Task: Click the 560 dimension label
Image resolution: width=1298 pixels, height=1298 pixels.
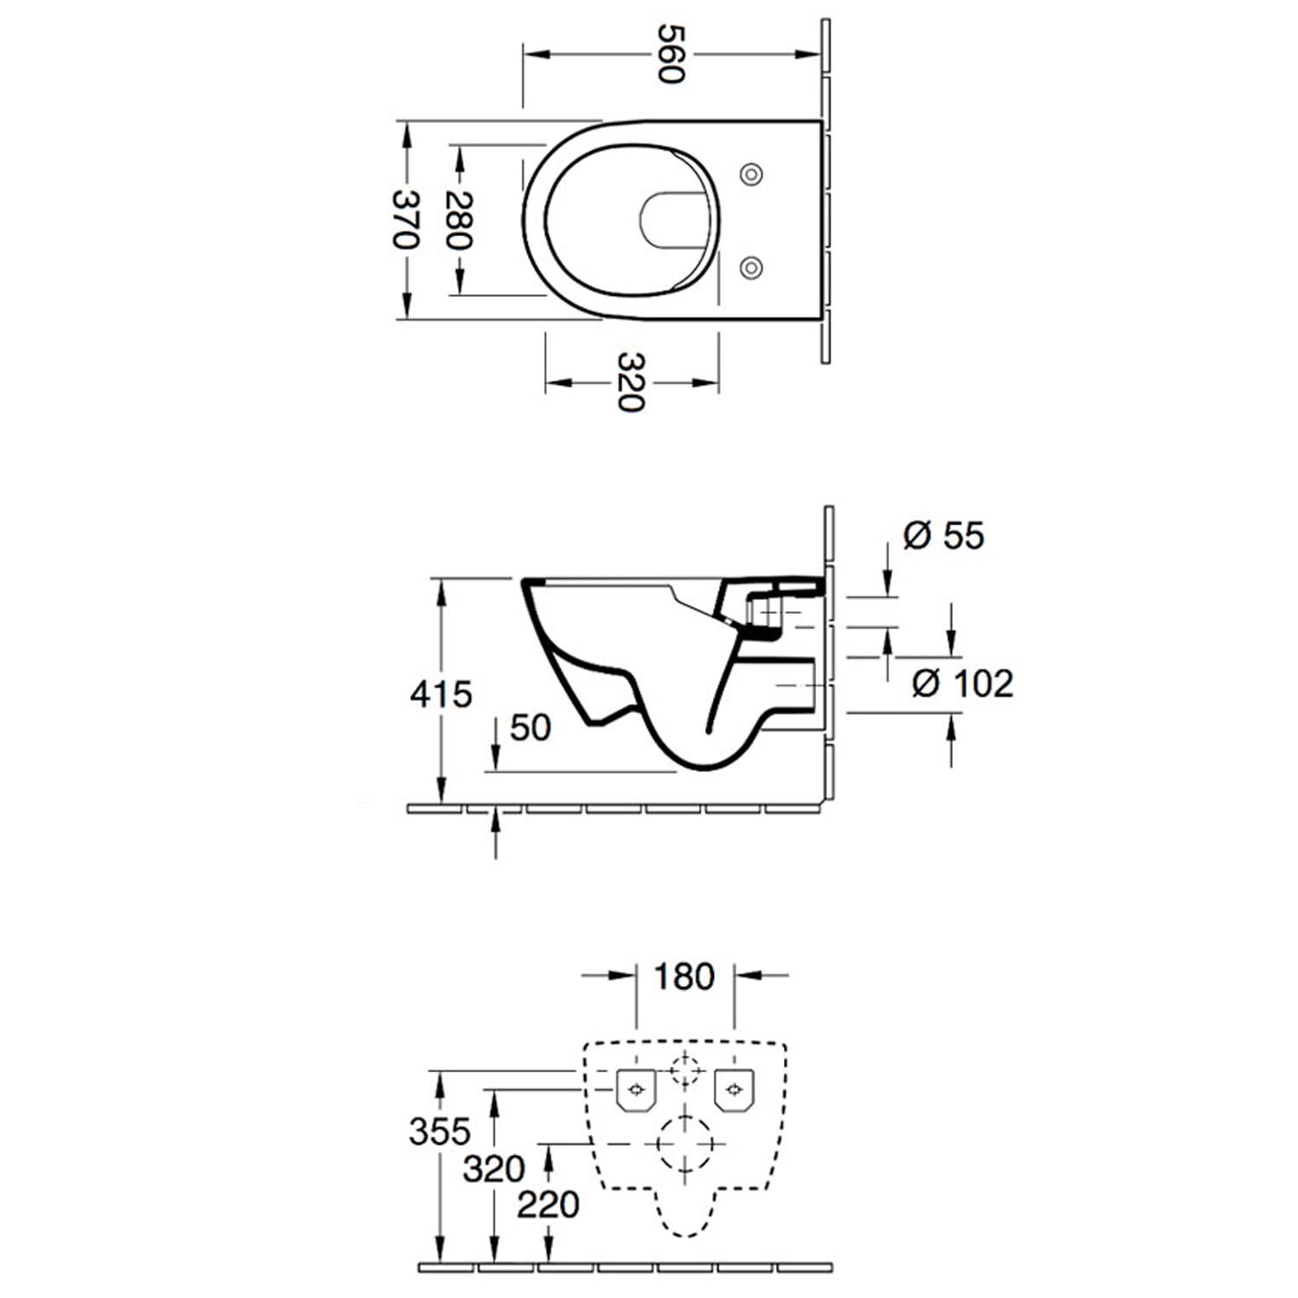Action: [671, 54]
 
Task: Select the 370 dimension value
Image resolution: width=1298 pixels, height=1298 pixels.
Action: [406, 219]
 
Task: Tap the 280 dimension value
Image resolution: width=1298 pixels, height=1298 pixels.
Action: [459, 220]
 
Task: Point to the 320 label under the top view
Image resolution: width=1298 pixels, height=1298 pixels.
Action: [632, 382]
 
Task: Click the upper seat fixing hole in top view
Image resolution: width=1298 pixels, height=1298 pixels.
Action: [752, 174]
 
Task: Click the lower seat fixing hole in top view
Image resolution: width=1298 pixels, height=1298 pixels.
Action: [752, 267]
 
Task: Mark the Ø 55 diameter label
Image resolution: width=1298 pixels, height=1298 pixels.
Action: [943, 536]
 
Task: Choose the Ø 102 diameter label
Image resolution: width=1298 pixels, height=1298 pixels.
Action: [962, 684]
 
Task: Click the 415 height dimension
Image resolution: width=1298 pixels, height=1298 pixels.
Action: [441, 694]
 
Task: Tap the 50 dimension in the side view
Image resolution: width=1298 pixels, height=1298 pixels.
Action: [530, 728]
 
